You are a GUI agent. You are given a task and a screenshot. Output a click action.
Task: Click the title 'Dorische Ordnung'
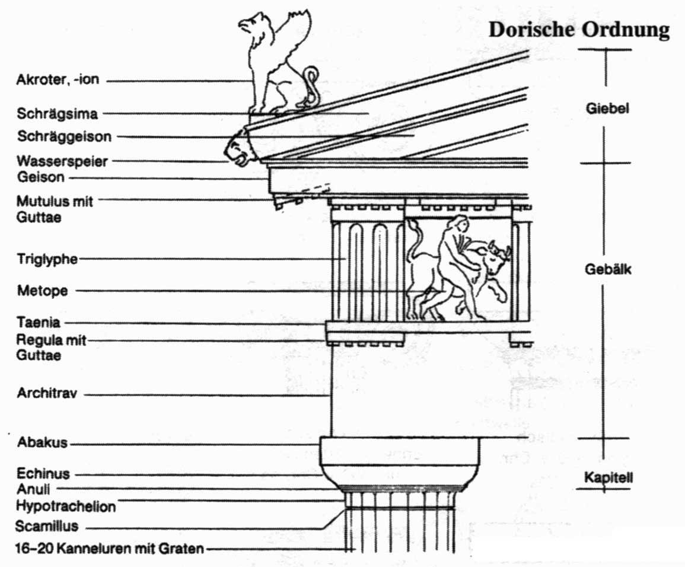(x=578, y=30)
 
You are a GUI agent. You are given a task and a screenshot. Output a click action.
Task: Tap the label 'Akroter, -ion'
(x=58, y=80)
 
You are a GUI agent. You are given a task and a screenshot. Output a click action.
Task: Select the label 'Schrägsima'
(x=57, y=113)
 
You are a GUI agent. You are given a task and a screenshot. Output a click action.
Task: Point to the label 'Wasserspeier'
(x=62, y=161)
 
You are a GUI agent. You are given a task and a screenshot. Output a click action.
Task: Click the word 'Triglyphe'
(x=48, y=259)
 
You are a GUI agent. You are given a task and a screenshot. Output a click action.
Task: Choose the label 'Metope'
(x=42, y=291)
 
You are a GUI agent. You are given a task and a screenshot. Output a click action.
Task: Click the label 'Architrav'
(x=47, y=393)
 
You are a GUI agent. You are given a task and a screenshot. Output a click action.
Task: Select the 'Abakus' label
(x=43, y=442)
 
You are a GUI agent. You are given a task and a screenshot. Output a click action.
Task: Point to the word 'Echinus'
(x=43, y=474)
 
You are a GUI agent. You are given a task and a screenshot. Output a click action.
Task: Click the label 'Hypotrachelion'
(x=66, y=507)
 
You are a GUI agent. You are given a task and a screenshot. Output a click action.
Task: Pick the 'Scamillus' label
(x=47, y=526)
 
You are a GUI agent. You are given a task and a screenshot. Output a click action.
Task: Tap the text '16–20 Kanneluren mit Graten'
(x=110, y=549)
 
